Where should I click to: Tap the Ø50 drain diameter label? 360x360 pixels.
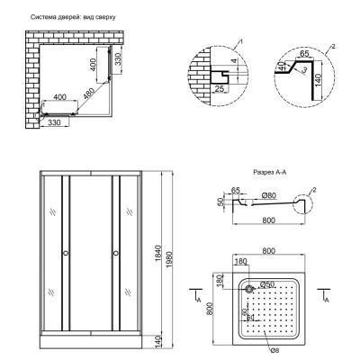click(268, 285)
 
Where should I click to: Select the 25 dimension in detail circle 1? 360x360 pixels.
click(220, 90)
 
